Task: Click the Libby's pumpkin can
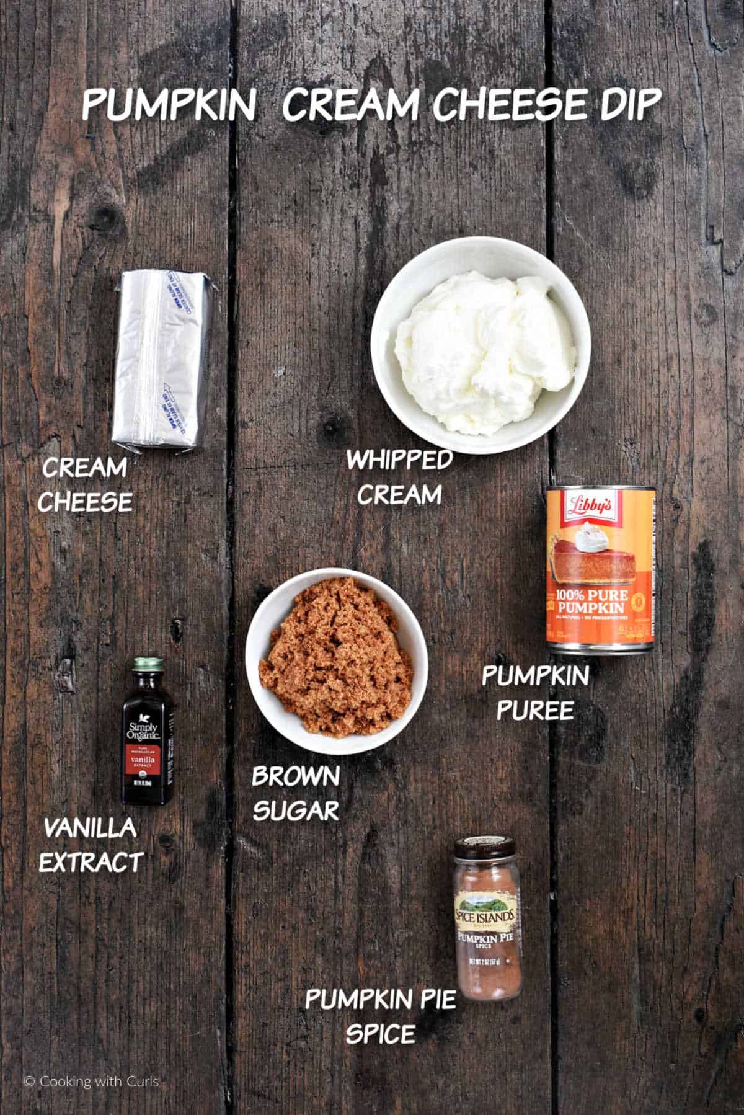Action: point(600,568)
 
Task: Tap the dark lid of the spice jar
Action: point(485,847)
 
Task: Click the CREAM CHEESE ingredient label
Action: point(85,484)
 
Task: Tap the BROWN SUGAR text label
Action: point(296,793)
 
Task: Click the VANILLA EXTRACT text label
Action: point(91,844)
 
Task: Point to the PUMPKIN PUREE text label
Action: point(535,693)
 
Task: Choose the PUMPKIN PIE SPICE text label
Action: point(379,1016)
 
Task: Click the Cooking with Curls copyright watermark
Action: point(92,1082)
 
